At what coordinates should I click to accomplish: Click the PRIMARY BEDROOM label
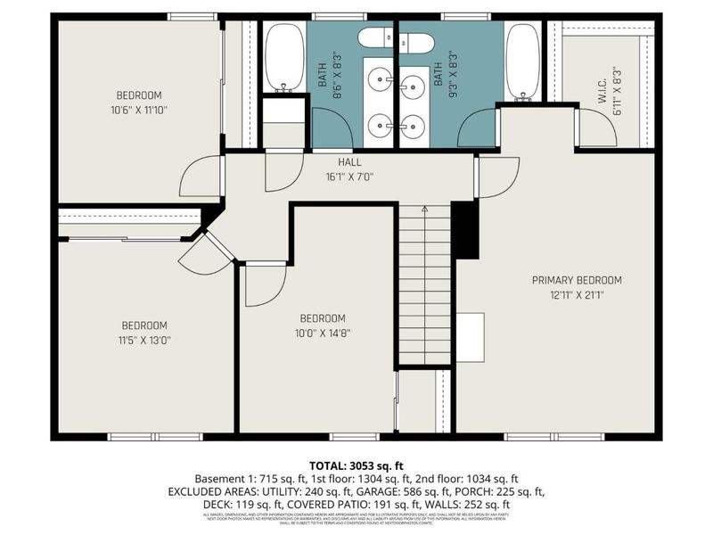pos(577,280)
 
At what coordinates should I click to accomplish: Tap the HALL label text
pos(348,162)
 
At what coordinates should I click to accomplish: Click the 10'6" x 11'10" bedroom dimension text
pos(139,111)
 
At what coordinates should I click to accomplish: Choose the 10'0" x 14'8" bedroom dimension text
pos(322,333)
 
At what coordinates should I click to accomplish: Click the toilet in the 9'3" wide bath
pos(415,42)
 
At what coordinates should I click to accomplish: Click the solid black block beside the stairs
pos(465,229)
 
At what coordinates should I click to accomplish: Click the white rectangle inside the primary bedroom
pos(471,337)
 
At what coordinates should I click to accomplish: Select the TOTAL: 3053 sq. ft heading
pos(356,465)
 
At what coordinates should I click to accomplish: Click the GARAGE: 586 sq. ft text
pos(421,491)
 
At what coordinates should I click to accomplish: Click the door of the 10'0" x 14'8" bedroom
pos(265,284)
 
